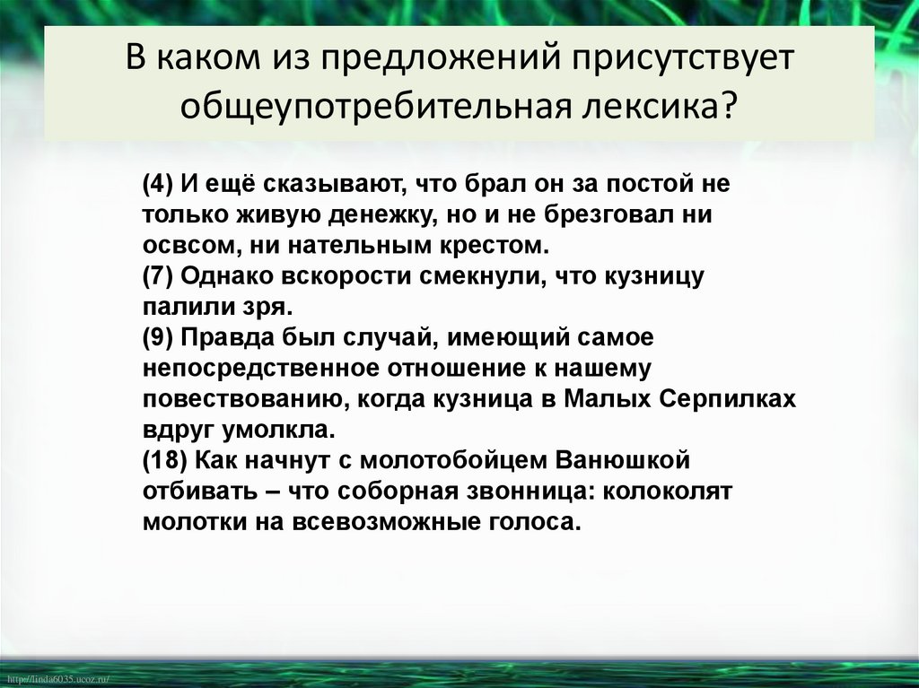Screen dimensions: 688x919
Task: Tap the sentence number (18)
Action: tap(164, 460)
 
